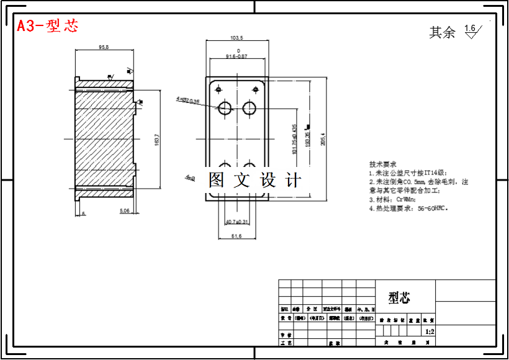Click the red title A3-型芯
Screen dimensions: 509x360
tap(48, 26)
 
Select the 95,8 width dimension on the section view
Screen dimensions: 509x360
tap(104, 47)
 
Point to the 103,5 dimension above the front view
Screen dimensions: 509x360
tap(236, 38)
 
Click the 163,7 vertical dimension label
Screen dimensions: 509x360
tap(157, 140)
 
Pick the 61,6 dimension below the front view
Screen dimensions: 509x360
tap(236, 236)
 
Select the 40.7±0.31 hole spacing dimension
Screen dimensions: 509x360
tap(236, 222)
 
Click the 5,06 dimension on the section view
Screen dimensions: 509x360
tap(125, 211)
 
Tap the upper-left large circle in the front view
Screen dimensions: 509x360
tap(224, 109)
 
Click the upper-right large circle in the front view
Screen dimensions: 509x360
tap(250, 109)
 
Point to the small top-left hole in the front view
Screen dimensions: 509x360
tap(218, 89)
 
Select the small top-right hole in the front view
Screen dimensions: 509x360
tap(254, 89)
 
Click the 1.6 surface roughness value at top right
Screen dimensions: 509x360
tap(469, 28)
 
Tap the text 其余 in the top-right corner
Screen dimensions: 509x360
tap(442, 32)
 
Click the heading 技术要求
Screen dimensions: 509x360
tap(382, 165)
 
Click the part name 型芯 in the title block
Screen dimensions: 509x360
tap(400, 298)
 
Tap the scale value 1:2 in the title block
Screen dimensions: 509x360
tap(430, 331)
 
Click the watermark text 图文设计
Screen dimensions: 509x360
tap(254, 181)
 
